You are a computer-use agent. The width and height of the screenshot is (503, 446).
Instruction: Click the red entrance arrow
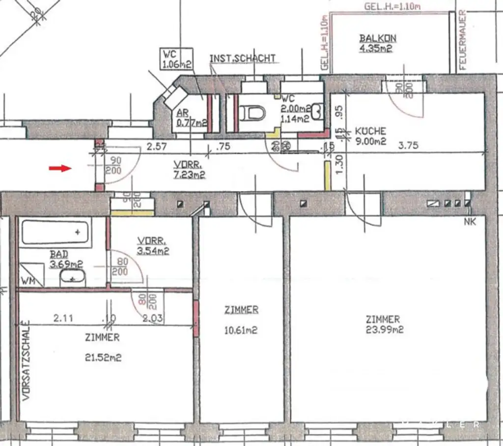click(59, 169)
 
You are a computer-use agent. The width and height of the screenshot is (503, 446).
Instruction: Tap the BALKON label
click(377, 38)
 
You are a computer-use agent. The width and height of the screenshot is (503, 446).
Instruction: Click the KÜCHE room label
click(370, 131)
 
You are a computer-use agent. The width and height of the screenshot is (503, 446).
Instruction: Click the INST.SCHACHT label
click(243, 58)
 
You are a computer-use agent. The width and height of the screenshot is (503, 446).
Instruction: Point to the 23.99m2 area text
click(385, 330)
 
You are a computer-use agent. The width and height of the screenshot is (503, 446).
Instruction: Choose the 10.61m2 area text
click(241, 330)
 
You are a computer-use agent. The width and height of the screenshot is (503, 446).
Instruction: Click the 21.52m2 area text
click(103, 358)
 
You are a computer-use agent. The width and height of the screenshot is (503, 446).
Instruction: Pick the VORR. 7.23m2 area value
click(189, 174)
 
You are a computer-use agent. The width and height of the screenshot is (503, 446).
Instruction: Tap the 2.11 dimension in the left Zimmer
click(63, 318)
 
